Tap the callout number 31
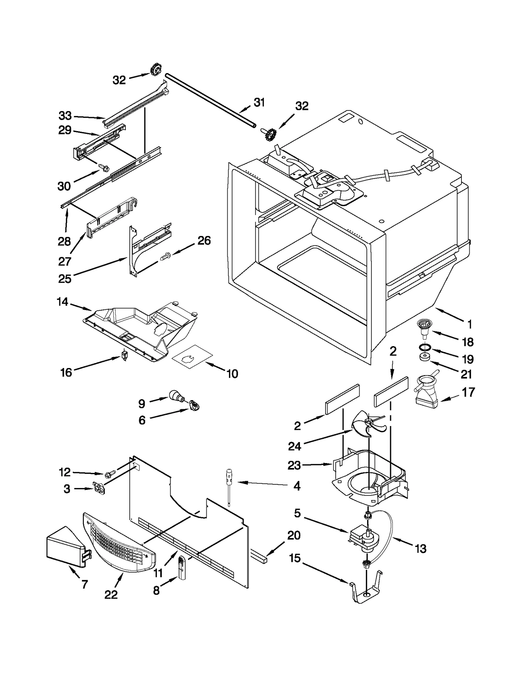tap(259, 103)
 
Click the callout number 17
tap(468, 392)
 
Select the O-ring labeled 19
tap(425, 347)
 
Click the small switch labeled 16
tap(124, 355)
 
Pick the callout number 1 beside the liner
tap(469, 325)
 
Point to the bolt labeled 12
tap(110, 474)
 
